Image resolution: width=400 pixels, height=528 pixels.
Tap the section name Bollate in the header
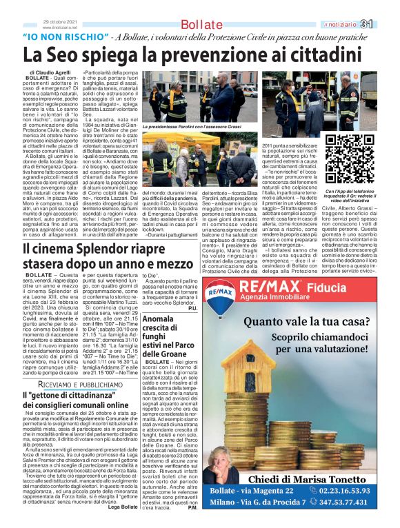[199, 26]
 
